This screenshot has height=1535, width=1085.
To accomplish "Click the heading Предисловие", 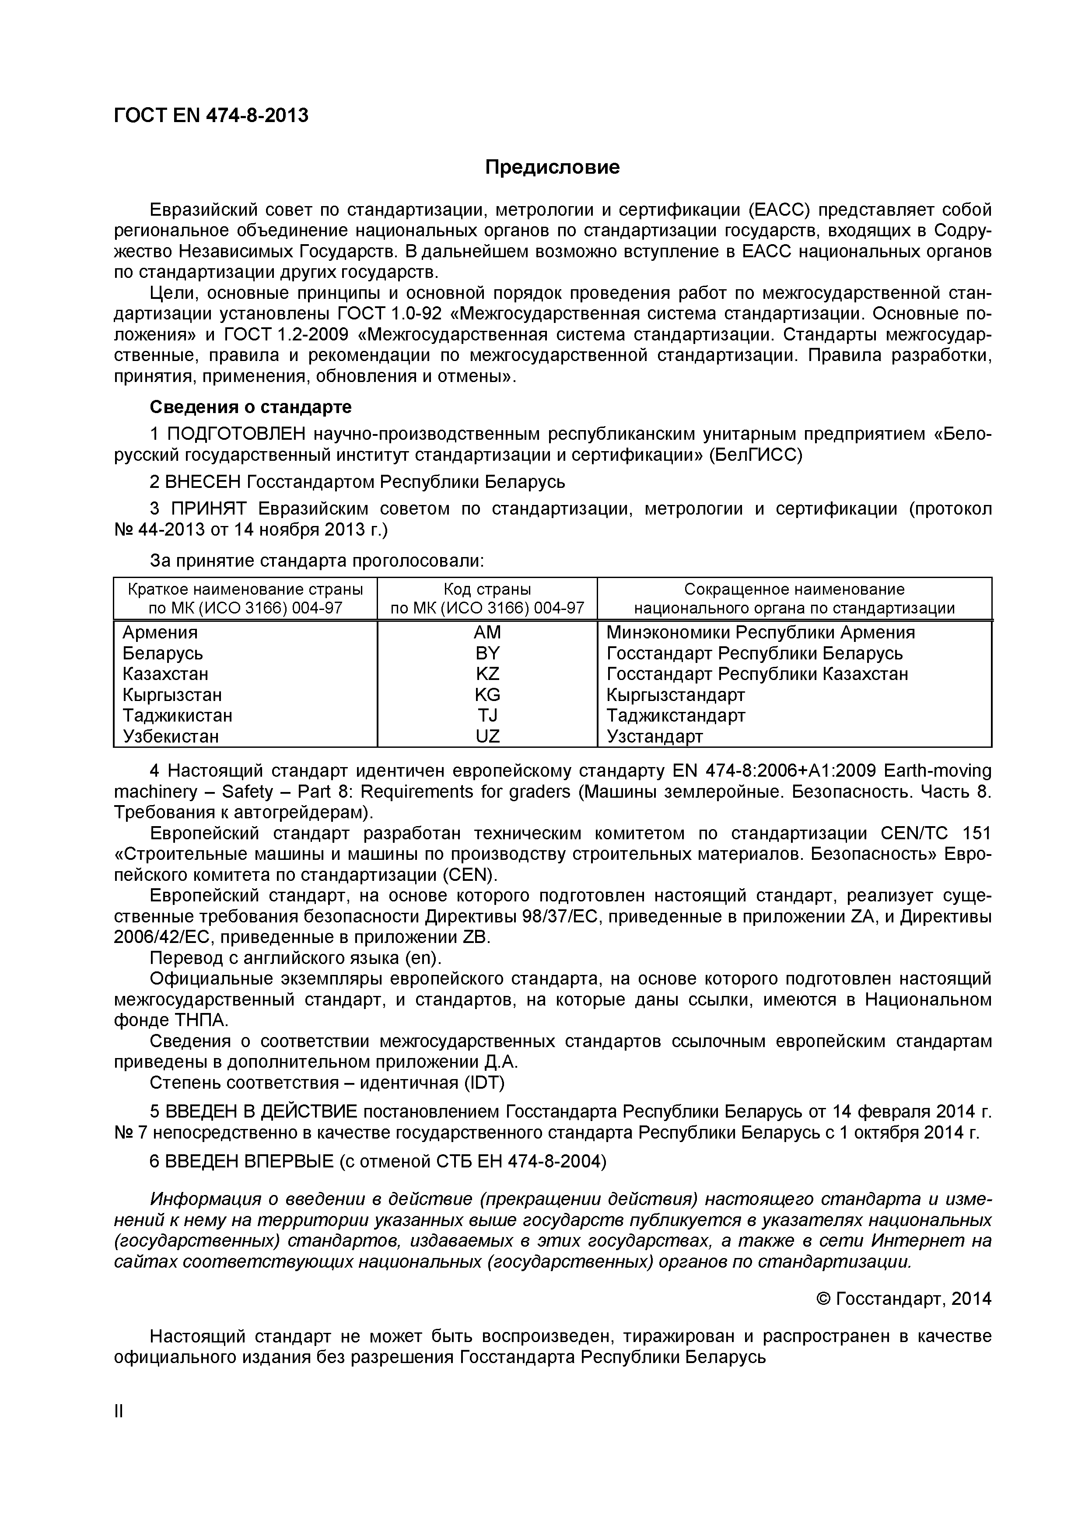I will (x=552, y=167).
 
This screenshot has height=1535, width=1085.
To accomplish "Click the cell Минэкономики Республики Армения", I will (x=760, y=632).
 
